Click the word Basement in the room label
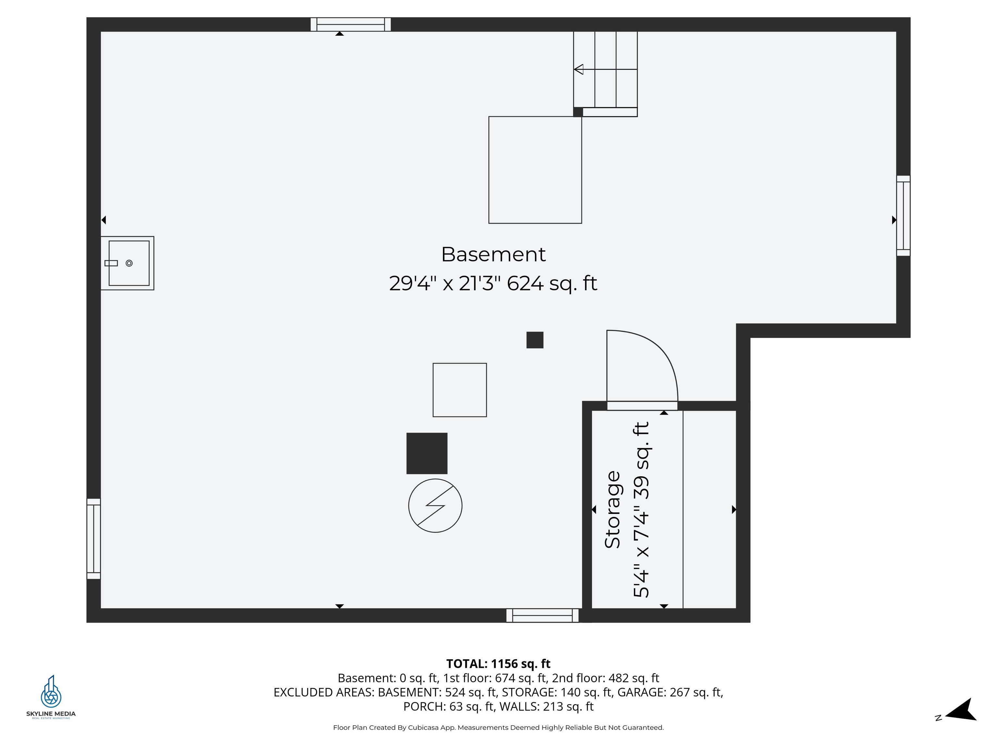click(493, 255)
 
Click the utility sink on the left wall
click(128, 263)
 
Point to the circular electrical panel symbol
click(435, 505)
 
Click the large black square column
click(427, 453)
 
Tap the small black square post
click(535, 340)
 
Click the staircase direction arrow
click(579, 69)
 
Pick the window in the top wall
click(350, 24)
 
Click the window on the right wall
click(903, 216)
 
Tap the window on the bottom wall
click(542, 616)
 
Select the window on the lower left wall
click(93, 539)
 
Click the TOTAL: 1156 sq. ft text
click(498, 664)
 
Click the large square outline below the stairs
click(535, 170)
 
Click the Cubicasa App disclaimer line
click(498, 727)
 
